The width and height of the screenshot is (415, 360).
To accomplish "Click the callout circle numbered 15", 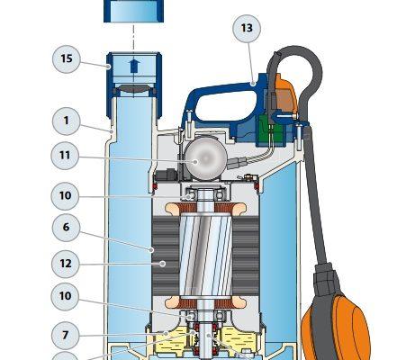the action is (67, 58).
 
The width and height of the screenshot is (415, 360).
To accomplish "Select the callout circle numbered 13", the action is (247, 28).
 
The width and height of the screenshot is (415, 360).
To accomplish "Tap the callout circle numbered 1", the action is (66, 121).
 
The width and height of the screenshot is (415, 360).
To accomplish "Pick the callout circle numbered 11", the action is (65, 156).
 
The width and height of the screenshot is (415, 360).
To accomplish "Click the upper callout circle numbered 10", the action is (65, 196).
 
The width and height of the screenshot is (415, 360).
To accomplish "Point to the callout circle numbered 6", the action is (66, 228).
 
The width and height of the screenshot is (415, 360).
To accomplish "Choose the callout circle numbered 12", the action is (66, 264).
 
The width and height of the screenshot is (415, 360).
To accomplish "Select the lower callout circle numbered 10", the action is (65, 296).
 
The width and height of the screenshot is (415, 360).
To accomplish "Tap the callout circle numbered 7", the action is (65, 335).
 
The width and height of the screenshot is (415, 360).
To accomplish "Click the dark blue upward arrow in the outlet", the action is (134, 66).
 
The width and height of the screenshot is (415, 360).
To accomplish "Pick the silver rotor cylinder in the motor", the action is (205, 255).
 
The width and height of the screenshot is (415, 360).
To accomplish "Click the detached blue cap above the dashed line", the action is (134, 11).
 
